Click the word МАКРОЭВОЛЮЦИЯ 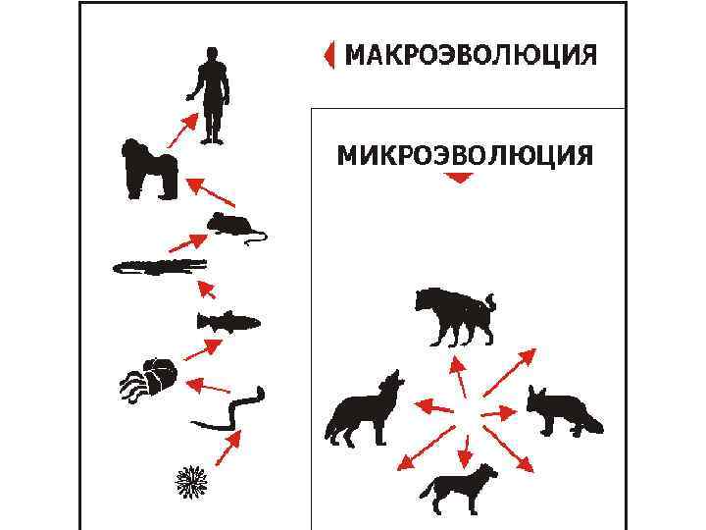tap(471, 55)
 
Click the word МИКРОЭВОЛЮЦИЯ tap(465, 155)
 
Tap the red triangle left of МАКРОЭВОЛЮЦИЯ tap(329, 55)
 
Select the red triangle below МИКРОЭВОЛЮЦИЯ tap(459, 178)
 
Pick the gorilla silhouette tap(149, 169)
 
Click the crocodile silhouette tap(160, 267)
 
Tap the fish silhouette tap(228, 322)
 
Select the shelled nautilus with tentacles tap(149, 379)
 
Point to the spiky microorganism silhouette tap(191, 482)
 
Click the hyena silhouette tap(455, 315)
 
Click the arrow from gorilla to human tap(182, 130)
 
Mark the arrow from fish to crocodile tap(206, 290)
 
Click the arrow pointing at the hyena tap(458, 377)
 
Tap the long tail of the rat tap(257, 237)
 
